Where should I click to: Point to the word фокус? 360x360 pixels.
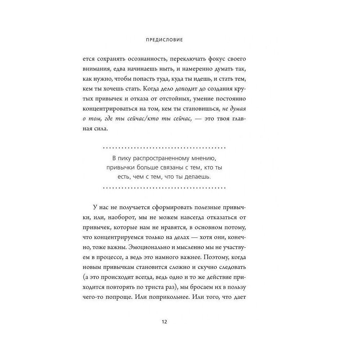click(x=219, y=59)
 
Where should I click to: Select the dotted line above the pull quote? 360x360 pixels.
click(x=164, y=148)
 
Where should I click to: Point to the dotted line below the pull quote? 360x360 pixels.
click(x=164, y=187)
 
